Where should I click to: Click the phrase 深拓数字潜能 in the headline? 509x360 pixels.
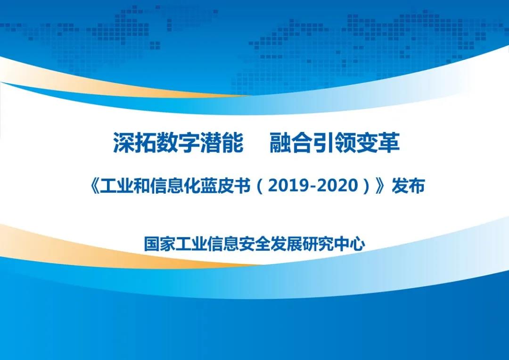(x=178, y=142)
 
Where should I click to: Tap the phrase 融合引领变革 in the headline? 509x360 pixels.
(x=335, y=142)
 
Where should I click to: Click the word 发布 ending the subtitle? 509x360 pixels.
(x=408, y=186)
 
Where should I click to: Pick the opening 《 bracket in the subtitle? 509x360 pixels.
(x=94, y=186)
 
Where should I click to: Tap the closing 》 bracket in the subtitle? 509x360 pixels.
(x=380, y=186)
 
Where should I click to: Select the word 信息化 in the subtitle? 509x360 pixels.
(x=175, y=186)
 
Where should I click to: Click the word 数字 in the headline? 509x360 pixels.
(x=178, y=142)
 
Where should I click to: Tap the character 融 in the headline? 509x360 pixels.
(x=280, y=142)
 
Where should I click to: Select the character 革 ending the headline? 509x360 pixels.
(x=389, y=142)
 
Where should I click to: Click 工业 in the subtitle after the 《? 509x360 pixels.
(x=116, y=186)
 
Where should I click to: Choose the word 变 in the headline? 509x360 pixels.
(x=368, y=142)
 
